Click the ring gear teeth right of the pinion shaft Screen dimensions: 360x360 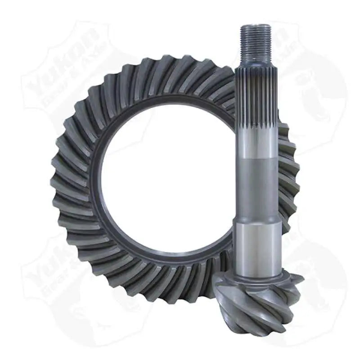tap(288, 175)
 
